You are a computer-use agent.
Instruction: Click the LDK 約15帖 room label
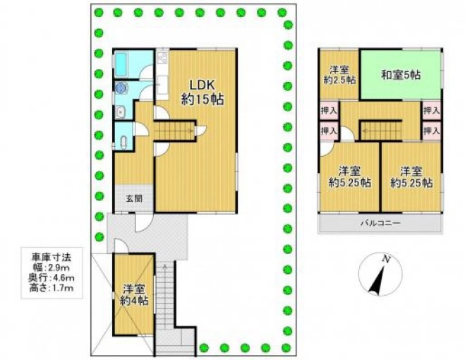tap(202, 92)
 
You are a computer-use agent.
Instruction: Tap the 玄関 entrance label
tap(134, 198)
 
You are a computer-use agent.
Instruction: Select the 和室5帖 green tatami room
tap(401, 75)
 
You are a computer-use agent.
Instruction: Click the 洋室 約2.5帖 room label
tap(339, 75)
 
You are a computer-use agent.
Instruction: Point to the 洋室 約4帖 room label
tap(134, 294)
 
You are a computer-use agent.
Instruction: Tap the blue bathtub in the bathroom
tap(122, 64)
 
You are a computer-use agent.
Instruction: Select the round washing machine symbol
tap(121, 88)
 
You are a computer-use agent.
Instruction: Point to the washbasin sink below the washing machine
tap(120, 112)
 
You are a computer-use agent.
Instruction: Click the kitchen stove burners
tap(163, 58)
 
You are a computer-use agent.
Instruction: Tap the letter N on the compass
tap(385, 259)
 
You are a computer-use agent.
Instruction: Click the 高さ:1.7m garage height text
tap(52, 287)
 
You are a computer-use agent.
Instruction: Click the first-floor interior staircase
tap(174, 131)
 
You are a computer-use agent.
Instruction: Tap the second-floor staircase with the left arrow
tap(381, 130)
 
